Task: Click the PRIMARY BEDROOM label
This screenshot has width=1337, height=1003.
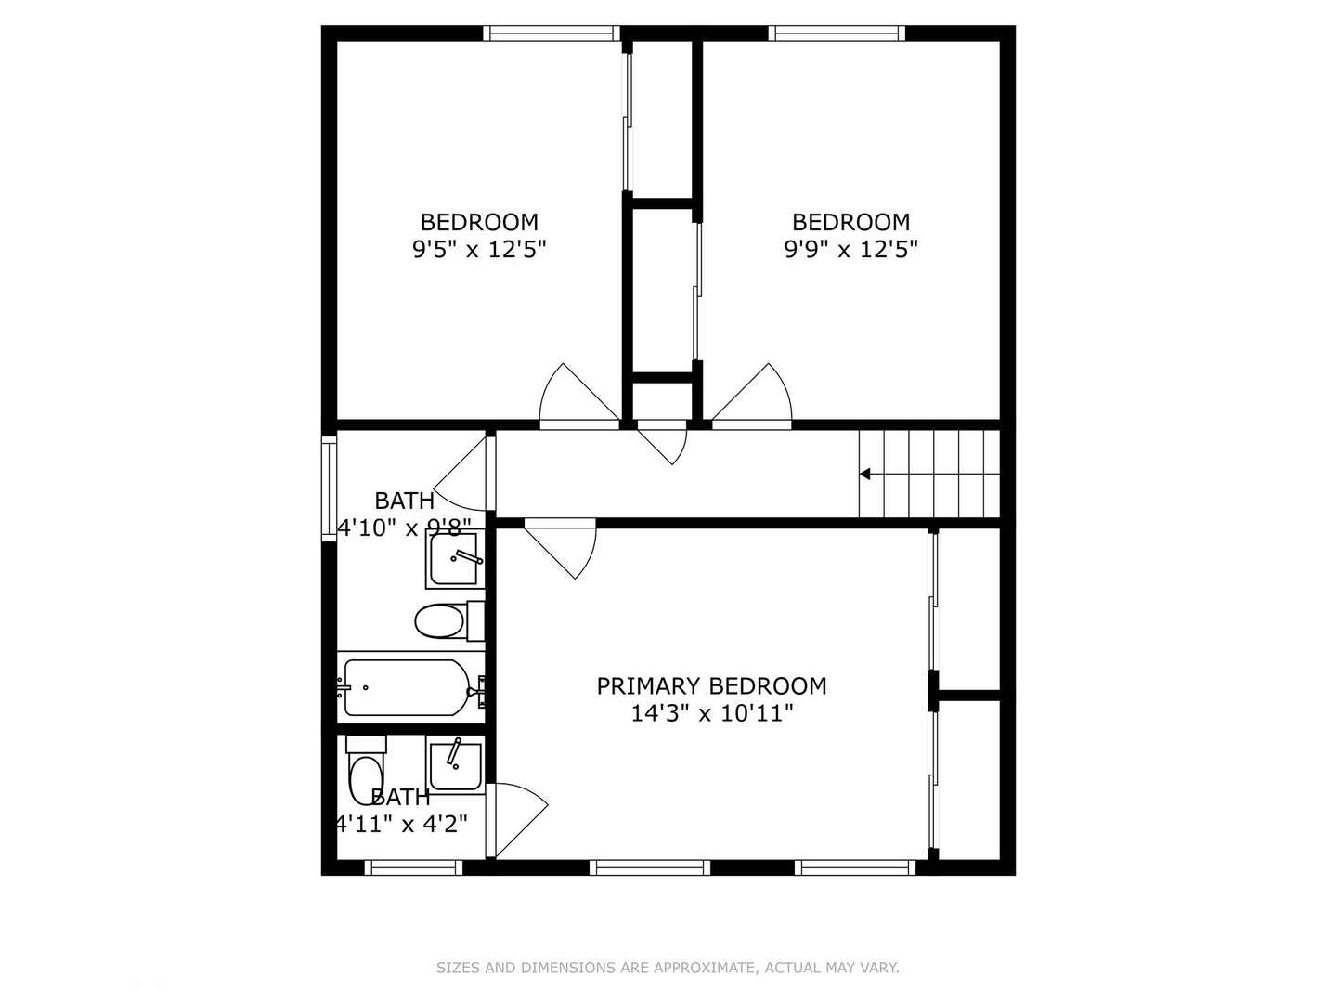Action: click(x=711, y=686)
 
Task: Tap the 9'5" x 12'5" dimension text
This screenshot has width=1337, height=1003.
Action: click(x=479, y=250)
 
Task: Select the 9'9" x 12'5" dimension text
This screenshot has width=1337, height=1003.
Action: click(x=850, y=250)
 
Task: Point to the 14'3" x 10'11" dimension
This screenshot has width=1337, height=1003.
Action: click(x=711, y=714)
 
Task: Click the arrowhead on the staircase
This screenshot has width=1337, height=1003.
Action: click(x=864, y=475)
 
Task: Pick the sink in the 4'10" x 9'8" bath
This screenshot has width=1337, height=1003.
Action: click(x=453, y=558)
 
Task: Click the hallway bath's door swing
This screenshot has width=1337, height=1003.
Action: click(x=464, y=475)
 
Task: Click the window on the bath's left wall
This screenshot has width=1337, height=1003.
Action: click(x=328, y=489)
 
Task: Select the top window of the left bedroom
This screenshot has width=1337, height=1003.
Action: click(x=552, y=33)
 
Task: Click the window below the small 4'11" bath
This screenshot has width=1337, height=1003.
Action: click(x=413, y=867)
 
